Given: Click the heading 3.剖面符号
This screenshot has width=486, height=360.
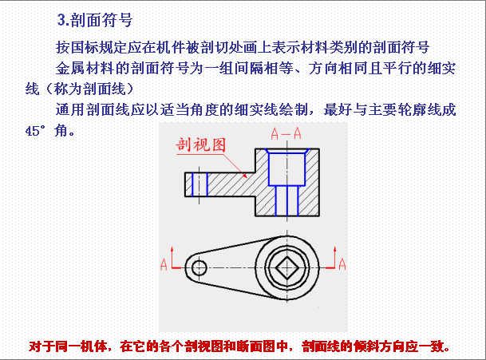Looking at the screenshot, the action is pos(95,21).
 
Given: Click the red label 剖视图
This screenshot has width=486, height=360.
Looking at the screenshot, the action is pos(201,144).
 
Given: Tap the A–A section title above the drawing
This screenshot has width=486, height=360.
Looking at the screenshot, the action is pos(286,133).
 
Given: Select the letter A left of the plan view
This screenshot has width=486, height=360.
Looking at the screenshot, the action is pos(164,264).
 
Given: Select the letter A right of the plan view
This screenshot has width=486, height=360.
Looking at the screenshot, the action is pos(342,264).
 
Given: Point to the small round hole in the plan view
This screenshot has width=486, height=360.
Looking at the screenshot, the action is pos(199,267).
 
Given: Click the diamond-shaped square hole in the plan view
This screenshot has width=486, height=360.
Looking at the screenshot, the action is pos(287,267).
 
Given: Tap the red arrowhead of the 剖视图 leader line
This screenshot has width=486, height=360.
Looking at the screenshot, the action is pos(245,176).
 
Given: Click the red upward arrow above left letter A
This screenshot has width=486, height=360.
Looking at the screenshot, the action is pos(172,257).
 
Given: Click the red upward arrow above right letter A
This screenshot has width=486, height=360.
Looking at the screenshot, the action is pos(334,257).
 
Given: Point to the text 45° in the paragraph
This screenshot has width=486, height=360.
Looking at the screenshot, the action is pos(35,131).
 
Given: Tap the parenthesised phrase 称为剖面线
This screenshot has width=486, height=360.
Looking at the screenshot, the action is pos(89,89).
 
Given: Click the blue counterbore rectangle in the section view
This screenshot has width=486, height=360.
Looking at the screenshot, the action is pos(286,169).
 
